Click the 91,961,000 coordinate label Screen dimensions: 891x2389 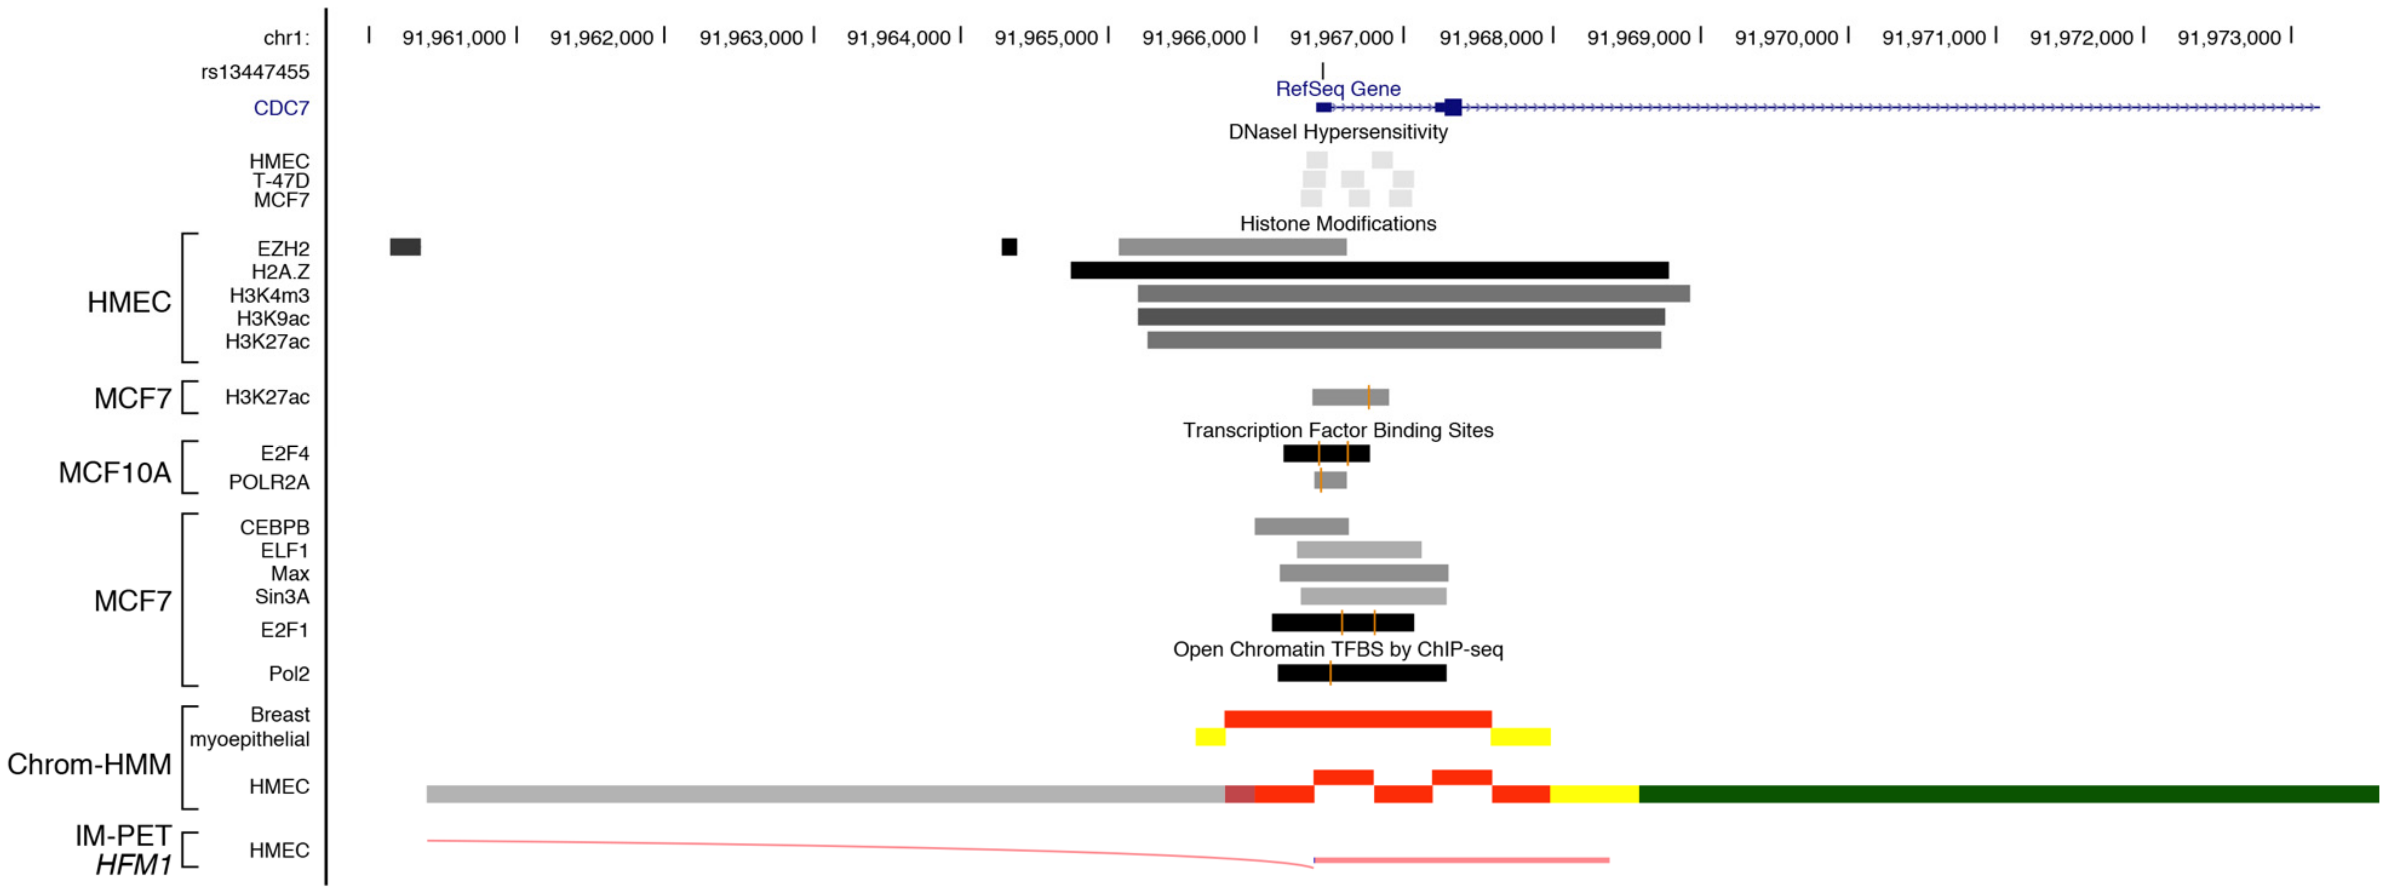454,38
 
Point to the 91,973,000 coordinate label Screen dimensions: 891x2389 2228,38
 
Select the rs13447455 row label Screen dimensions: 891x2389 255,72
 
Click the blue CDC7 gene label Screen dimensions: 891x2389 281,108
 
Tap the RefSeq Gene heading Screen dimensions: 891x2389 1337,89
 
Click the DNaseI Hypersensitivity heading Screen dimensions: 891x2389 1337,132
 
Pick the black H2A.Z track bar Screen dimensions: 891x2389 1369,271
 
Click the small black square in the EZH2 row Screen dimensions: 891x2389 1009,247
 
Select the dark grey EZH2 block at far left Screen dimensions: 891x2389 405,247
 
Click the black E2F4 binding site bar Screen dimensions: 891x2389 1326,454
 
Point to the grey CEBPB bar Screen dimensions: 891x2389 1301,526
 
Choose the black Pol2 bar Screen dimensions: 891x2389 1361,673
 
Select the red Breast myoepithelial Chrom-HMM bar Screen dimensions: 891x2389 1358,718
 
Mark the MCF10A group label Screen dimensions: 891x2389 115,473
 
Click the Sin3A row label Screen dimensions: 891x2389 282,597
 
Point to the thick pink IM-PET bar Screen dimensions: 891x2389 1462,860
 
